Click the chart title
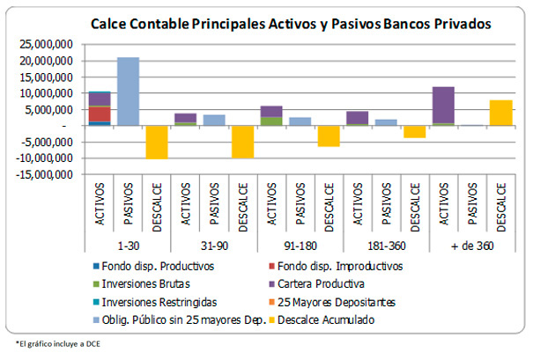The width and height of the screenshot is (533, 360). [x=291, y=24]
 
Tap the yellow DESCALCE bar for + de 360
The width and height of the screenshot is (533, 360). [x=500, y=113]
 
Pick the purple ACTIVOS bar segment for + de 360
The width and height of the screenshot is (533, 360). [x=443, y=105]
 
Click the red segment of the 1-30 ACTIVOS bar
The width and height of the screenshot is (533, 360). [x=100, y=114]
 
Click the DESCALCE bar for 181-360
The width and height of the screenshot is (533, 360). [x=415, y=131]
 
